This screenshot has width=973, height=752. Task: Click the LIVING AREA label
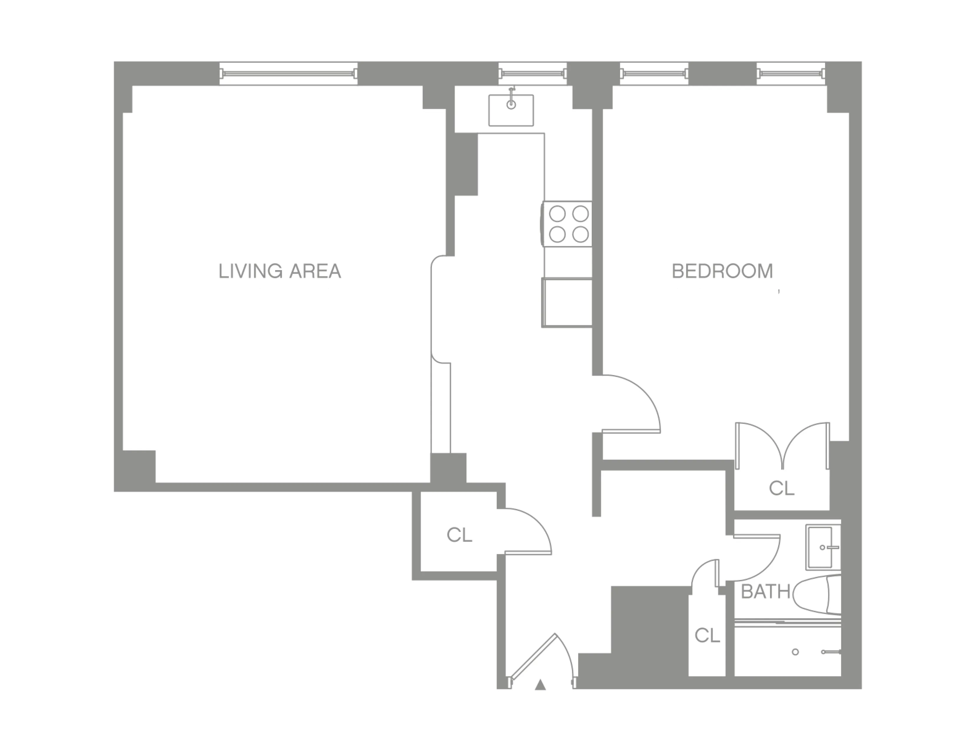click(x=280, y=271)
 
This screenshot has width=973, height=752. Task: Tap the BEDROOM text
click(x=722, y=271)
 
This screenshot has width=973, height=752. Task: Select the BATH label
click(x=765, y=592)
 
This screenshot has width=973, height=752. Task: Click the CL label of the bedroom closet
click(x=781, y=488)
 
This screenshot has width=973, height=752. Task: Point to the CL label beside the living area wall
click(x=459, y=535)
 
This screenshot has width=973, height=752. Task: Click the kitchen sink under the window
click(x=511, y=110)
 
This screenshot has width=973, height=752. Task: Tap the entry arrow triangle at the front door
click(x=540, y=685)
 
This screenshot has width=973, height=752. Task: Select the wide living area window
click(x=289, y=73)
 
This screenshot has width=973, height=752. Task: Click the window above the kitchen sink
click(x=532, y=73)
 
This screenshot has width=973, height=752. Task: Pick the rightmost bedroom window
click(x=790, y=73)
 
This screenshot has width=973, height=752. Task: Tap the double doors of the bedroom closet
click(x=782, y=446)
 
